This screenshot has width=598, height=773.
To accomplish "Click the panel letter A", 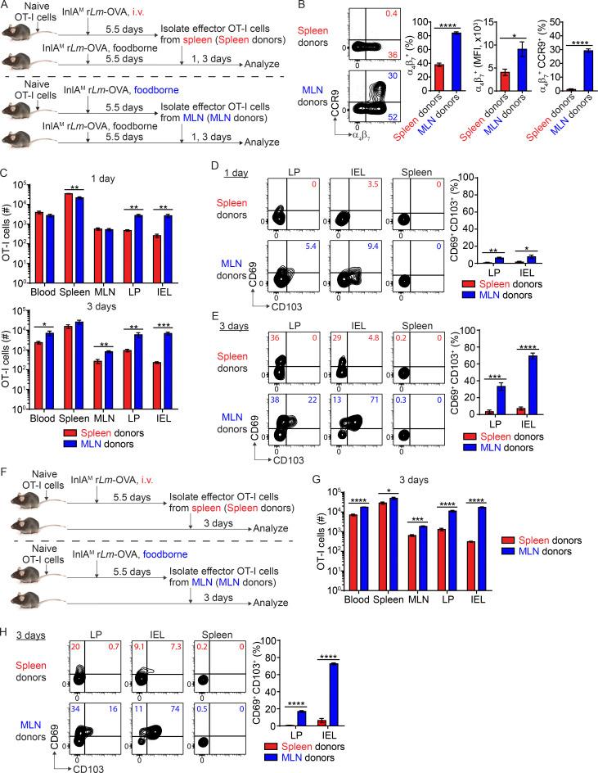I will [x=7, y=7].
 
